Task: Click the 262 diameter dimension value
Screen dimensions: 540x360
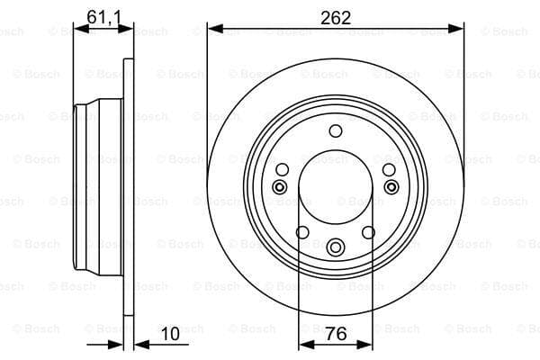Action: pos(336,18)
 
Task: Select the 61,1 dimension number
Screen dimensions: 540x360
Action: pos(104,17)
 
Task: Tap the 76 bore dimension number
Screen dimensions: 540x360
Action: pos(336,334)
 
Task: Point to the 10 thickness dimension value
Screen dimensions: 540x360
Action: pos(170,334)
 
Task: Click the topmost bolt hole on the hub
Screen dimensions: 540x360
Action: pos(336,130)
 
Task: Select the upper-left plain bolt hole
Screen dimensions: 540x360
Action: pos(283,169)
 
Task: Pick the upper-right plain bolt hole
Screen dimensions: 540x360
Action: pos(389,169)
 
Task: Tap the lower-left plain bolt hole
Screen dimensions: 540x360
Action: pos(302,232)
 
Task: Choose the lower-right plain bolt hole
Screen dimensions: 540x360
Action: pos(368,232)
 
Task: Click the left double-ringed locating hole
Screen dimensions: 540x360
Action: pos(280,187)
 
